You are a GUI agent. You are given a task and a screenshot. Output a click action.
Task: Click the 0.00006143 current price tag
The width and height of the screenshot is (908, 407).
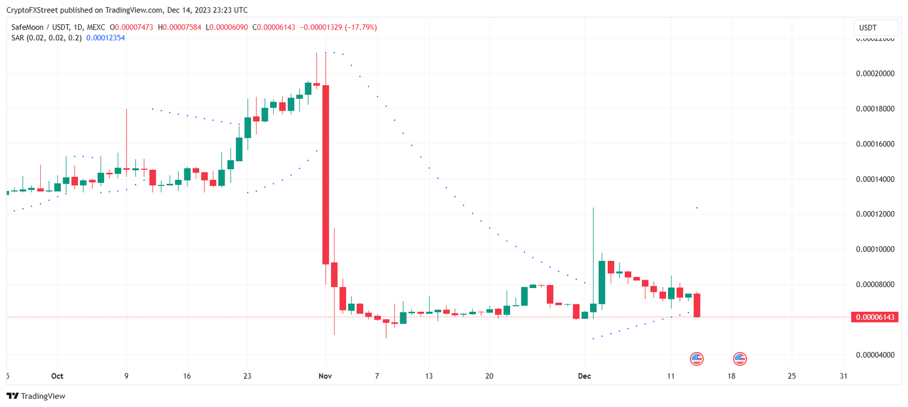[x=874, y=317]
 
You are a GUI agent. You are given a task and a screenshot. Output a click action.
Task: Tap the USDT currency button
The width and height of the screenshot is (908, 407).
[x=868, y=28]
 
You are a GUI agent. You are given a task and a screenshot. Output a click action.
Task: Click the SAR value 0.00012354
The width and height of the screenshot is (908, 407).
[x=105, y=38]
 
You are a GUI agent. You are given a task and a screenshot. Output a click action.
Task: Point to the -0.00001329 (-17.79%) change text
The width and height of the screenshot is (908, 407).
[x=338, y=27]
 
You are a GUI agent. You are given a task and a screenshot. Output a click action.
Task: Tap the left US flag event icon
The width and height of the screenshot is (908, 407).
[x=697, y=358]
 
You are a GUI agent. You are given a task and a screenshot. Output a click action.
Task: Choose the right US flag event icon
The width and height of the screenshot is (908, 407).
[x=740, y=358]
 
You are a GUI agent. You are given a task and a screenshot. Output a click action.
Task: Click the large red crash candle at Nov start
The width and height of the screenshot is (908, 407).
[x=325, y=175]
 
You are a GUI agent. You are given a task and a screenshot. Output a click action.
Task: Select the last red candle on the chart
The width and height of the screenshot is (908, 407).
[x=697, y=305]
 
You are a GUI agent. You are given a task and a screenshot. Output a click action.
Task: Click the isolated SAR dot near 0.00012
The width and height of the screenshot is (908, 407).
[x=697, y=208]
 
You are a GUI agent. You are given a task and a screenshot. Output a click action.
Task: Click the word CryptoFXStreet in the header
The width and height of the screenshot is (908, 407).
[x=31, y=10]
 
